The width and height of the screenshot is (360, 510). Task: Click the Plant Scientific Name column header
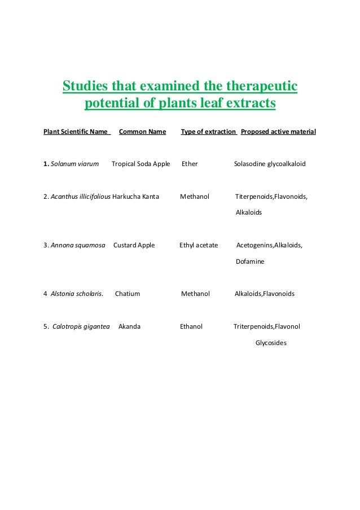[x=76, y=132]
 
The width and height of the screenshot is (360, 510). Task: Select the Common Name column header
[x=142, y=132]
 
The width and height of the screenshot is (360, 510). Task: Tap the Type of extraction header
[x=208, y=132]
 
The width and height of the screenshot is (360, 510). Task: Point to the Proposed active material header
[x=278, y=132]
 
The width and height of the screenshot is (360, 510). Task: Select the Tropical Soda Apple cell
[x=141, y=164]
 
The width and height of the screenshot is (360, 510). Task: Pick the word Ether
[x=190, y=164]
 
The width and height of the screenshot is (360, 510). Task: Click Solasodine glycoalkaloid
[x=270, y=164]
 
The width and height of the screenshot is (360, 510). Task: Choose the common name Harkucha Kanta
[x=136, y=197]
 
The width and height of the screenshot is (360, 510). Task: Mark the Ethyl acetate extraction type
[x=199, y=246]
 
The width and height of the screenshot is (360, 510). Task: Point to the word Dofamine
[x=249, y=262]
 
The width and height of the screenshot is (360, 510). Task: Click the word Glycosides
[x=271, y=343]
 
